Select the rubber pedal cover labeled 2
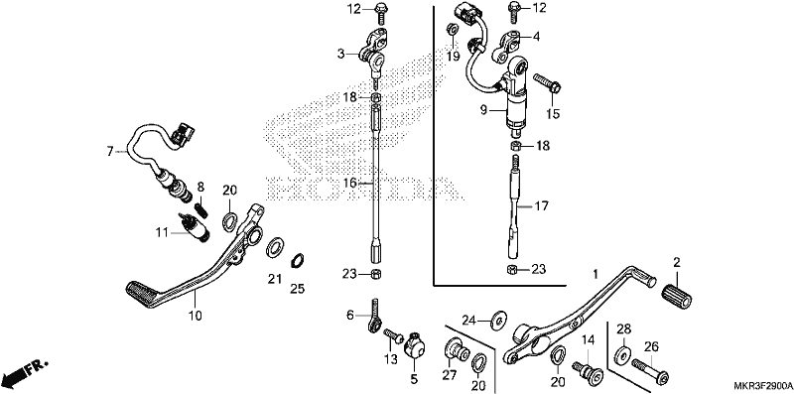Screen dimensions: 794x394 tap(677, 295)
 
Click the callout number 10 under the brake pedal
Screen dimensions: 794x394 tap(195, 316)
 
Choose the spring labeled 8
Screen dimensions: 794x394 tap(201, 208)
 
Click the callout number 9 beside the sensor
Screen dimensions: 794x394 tap(483, 109)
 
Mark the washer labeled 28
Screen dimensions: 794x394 tap(623, 355)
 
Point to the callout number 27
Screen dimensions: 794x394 tap(450, 375)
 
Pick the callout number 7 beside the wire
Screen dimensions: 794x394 tap(110, 151)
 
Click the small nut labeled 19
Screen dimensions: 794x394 tap(451, 29)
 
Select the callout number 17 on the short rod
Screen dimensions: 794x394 tap(540, 206)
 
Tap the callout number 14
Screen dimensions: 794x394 tap(588, 339)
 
